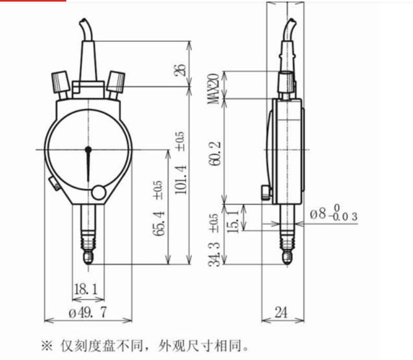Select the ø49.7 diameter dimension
click(87, 312)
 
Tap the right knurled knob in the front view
click(115, 81)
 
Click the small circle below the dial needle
click(98, 193)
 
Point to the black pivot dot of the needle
click(88, 151)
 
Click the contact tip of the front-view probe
click(88, 259)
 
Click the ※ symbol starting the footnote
click(47, 345)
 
